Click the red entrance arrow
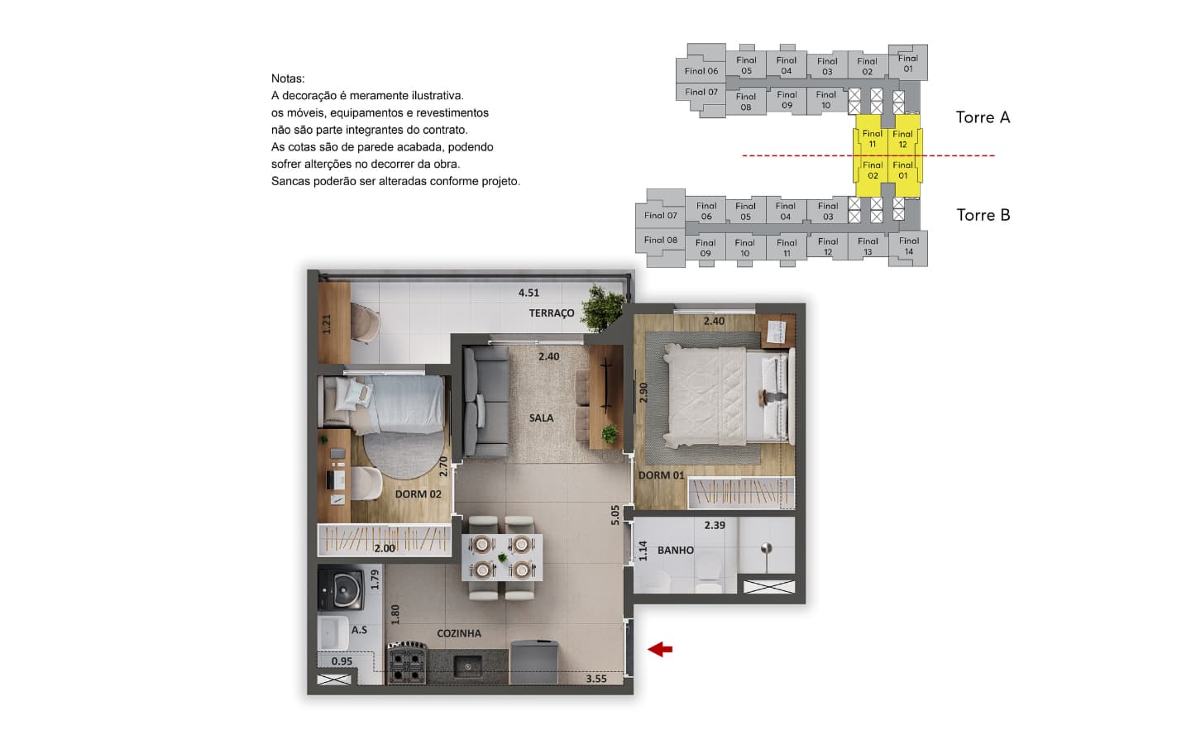pos(660,649)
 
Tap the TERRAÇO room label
pos(552,313)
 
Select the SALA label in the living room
pos(541,418)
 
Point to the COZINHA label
pos(459,633)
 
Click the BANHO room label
pos(675,550)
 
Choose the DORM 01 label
pos(661,475)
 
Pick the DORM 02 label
pos(418,494)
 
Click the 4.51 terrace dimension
pos(529,293)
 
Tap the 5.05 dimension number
pos(615,515)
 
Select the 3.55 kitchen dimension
pos(596,679)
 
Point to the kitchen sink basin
pos(467,666)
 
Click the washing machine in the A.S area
pos(341,588)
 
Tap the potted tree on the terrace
pos(603,308)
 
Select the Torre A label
pos(983,117)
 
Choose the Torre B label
pos(983,215)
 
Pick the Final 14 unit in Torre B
pos(909,246)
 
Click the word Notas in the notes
pos(288,79)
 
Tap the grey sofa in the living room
pos(485,402)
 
